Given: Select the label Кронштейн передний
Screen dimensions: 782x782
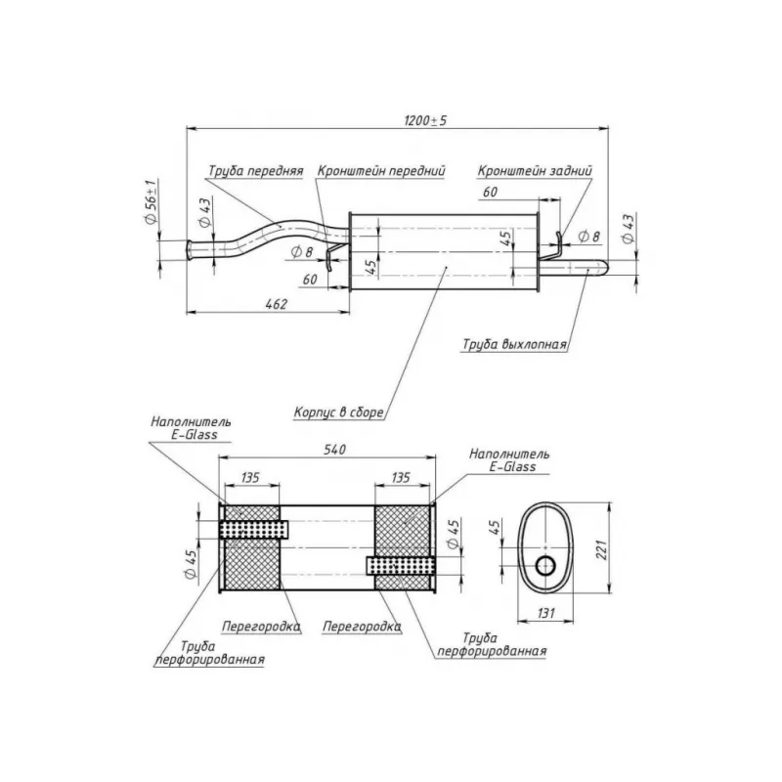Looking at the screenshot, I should coord(381,170).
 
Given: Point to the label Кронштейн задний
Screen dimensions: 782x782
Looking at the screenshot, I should coord(535,170).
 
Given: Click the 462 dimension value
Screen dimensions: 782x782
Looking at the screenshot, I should coord(276,305).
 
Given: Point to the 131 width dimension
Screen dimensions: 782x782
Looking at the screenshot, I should coord(546,612).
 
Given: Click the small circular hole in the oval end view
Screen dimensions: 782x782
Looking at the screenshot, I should coord(545,564).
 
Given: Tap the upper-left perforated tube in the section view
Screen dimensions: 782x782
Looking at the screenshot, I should coord(254,529).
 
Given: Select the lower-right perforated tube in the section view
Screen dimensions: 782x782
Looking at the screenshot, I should coord(401,565).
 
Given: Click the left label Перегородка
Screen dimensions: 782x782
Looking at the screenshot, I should coord(260,625).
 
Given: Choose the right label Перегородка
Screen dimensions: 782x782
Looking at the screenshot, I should coord(361,625).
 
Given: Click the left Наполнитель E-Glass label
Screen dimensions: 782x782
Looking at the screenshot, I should coord(191,428).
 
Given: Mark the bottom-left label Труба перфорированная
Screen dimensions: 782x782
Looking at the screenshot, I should coord(209,653).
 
